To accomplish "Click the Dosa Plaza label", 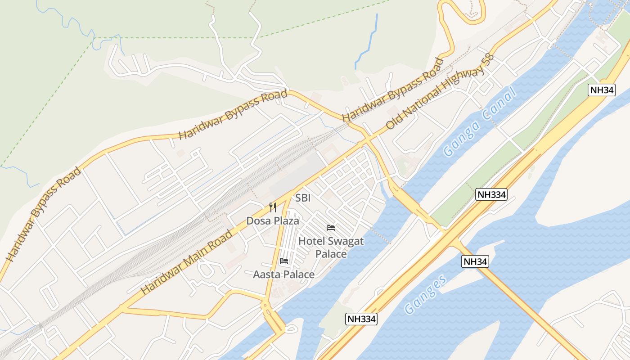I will (x=272, y=221).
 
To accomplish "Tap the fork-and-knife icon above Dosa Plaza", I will (x=272, y=207).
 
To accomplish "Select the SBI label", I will (x=303, y=198).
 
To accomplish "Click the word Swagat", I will (x=346, y=241).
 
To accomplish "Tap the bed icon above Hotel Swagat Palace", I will (x=331, y=228).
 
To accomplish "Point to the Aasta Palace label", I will (x=283, y=274).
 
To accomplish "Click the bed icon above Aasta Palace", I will (x=283, y=261).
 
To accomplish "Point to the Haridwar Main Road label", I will (x=187, y=262).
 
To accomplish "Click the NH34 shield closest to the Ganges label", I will (x=475, y=261).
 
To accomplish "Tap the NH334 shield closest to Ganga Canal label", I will (x=491, y=194).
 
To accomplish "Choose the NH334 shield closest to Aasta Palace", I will (x=361, y=319).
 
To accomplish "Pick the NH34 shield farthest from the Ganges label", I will (x=602, y=90).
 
